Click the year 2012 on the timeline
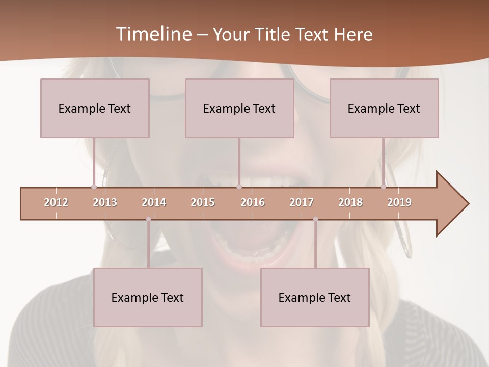tap(56, 202)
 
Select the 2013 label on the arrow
tap(105, 202)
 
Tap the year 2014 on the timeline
tap(154, 202)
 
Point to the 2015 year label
tap(203, 202)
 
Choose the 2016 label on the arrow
tap(253, 202)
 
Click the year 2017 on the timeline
tap(302, 202)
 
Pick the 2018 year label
tap(350, 202)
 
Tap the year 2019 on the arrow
tap(399, 202)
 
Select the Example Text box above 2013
tap(95, 108)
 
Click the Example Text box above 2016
tap(239, 108)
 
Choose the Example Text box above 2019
tap(384, 108)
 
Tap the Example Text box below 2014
tap(148, 297)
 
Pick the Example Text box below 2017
tap(315, 297)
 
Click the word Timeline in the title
tap(153, 34)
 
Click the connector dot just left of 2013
tap(94, 187)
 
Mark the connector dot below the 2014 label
tap(148, 219)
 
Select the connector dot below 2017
tap(315, 219)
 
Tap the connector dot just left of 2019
tap(383, 187)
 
